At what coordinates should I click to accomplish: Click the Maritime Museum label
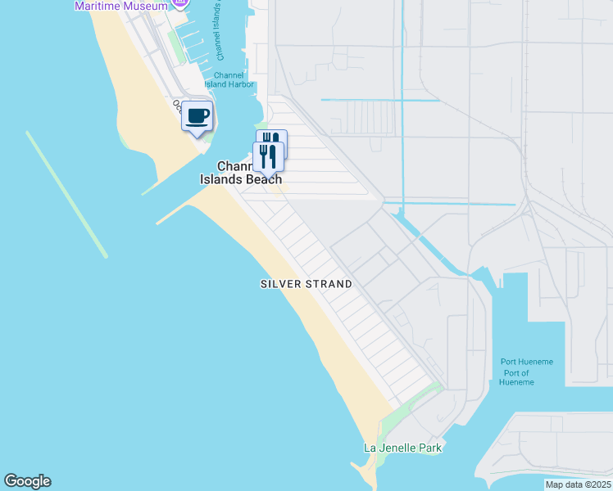[120, 6]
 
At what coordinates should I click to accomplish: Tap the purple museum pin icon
[180, 3]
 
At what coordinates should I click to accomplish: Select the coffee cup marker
[197, 117]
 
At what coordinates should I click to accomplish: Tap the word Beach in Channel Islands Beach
[263, 179]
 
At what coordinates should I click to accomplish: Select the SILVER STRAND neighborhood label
[306, 284]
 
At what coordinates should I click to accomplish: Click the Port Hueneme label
[527, 362]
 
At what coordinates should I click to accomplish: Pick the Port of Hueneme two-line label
[515, 378]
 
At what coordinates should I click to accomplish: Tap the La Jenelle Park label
[402, 448]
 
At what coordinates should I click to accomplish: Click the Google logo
[27, 481]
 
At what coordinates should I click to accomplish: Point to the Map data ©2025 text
[577, 484]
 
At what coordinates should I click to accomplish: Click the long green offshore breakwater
[66, 194]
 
